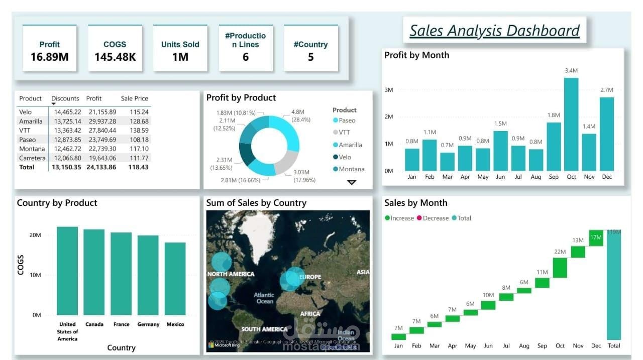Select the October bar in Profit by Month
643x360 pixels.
[x=571, y=124]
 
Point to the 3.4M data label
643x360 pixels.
[x=571, y=71]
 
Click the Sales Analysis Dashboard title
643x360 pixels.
[x=494, y=31]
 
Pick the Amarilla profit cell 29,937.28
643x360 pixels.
[x=102, y=122]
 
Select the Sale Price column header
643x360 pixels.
[x=134, y=98]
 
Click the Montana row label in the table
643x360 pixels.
[x=32, y=149]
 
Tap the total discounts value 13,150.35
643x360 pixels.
[x=67, y=167]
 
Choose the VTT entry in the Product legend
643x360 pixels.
[x=344, y=133]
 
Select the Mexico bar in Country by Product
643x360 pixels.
[x=175, y=279]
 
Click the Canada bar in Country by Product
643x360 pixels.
[x=94, y=272]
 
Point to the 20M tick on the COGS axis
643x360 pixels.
[x=35, y=235]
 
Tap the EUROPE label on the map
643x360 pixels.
[x=310, y=277]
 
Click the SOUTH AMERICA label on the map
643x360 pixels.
[x=264, y=329]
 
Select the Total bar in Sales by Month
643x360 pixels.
[x=613, y=285]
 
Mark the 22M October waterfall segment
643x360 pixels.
[x=560, y=268]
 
